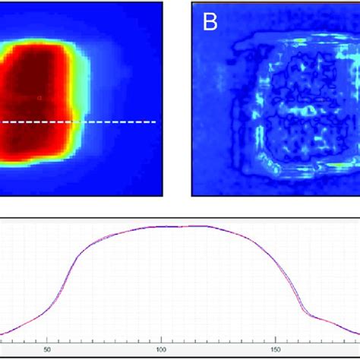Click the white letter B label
coord(209,22)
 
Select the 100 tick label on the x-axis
coord(160,350)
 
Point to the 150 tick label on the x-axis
coord(273,350)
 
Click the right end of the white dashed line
coord(156,122)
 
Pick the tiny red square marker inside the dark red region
coord(40,97)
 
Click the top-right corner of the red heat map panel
coord(163,2)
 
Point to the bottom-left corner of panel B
coord(192,194)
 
